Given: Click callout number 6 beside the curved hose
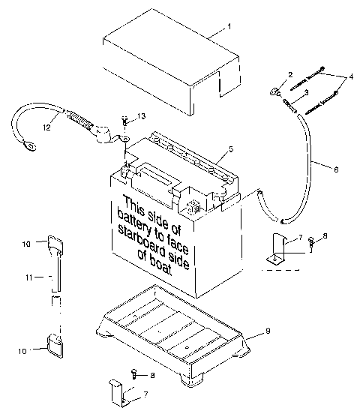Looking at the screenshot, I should point(335,170).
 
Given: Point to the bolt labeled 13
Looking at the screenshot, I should point(124,121).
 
